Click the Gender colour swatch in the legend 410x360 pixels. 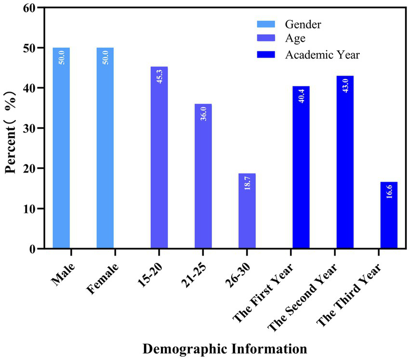pos(265,23)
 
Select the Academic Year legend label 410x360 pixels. pos(322,54)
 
